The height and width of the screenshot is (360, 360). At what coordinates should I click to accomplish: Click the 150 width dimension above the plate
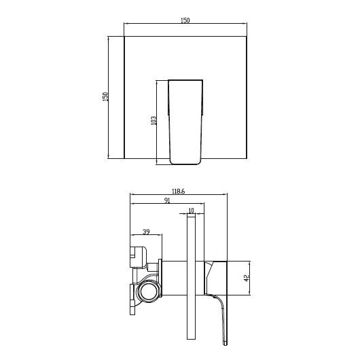coord(185,21)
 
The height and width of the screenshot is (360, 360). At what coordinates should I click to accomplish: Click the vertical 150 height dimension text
coord(105,98)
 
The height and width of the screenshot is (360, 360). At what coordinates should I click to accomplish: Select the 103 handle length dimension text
coord(154,120)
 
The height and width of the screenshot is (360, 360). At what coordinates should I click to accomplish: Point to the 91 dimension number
coord(167,201)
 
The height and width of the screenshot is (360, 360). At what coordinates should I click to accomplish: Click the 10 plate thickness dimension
coord(191,211)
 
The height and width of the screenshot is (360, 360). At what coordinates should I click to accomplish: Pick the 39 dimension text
coord(146,231)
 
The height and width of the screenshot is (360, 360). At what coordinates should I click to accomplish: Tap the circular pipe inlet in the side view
coord(147,293)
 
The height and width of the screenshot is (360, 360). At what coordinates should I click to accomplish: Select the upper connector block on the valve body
coord(139,254)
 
